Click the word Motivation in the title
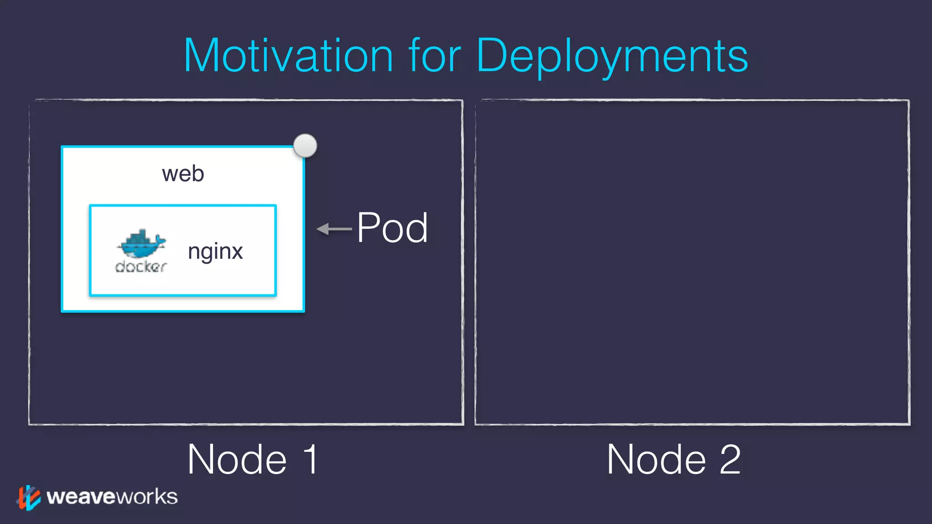click(x=288, y=55)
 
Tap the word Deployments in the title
click(x=612, y=56)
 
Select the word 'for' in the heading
click(x=435, y=55)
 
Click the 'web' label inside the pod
click(x=183, y=174)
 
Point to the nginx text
click(x=215, y=252)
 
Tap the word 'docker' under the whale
click(x=141, y=267)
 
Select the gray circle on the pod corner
click(x=305, y=146)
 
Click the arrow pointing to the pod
click(x=334, y=229)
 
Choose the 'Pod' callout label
click(x=392, y=228)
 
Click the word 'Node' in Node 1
click(x=237, y=460)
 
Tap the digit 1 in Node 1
click(x=311, y=460)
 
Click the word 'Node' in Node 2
click(x=657, y=460)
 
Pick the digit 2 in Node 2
click(x=730, y=460)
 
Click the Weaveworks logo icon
click(x=28, y=497)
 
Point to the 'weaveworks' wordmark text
click(x=112, y=497)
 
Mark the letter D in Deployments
click(x=491, y=55)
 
